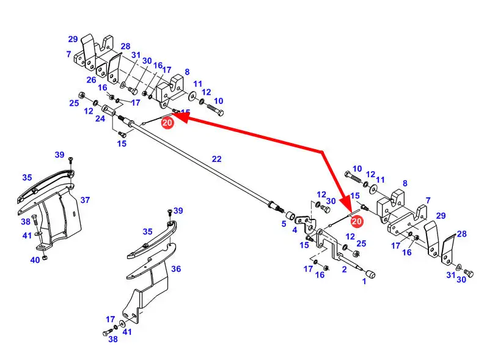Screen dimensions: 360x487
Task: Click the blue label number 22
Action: [216, 159]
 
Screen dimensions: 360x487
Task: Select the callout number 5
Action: [284, 224]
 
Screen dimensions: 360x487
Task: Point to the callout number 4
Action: [295, 230]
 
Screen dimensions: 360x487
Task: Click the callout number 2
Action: [344, 270]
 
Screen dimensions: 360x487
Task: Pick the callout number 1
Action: [365, 281]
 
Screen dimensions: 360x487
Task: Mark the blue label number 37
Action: [85, 200]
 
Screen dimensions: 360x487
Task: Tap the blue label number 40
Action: [35, 260]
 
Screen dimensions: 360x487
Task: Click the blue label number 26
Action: [91, 80]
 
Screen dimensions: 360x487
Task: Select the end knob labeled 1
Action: [370, 273]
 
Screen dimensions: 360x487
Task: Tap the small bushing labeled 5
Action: [291, 216]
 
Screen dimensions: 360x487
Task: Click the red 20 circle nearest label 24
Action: [167, 122]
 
